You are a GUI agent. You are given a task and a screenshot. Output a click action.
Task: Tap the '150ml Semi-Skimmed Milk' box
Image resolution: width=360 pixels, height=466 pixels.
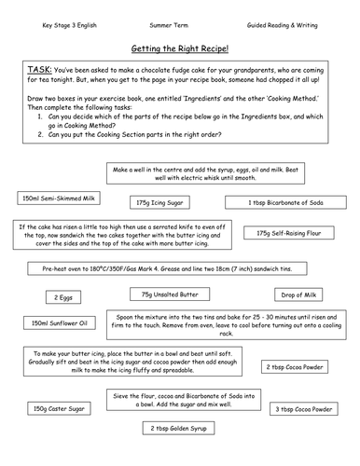point(58,199)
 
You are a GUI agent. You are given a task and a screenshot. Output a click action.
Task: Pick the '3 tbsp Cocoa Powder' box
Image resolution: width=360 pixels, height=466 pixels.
point(302,408)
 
